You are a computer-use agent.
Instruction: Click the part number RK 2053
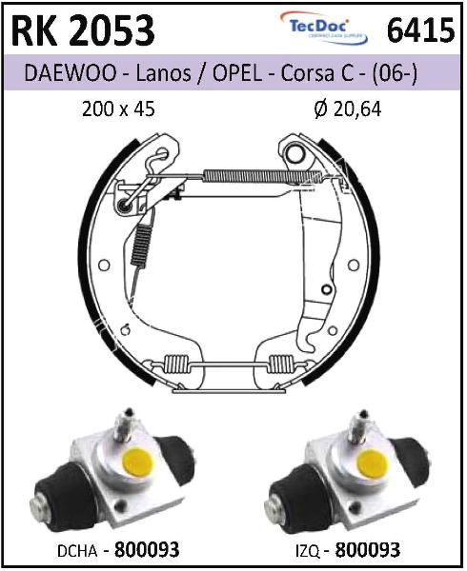point(83,31)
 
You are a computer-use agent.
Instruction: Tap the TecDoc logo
point(323,28)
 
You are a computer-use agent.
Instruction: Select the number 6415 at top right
point(420,30)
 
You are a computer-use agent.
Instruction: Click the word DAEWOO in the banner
point(70,73)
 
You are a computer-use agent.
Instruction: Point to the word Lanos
point(163,73)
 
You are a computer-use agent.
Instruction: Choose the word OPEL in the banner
point(237,73)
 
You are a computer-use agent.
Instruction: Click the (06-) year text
point(395,73)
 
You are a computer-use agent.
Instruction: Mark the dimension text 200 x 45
point(118,108)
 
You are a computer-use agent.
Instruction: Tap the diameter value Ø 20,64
point(348,108)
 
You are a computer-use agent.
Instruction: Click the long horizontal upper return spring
point(262,176)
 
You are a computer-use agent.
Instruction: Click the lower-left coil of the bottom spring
point(176,364)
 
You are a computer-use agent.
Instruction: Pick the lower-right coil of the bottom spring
point(281,364)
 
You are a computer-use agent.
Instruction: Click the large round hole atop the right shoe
point(295,154)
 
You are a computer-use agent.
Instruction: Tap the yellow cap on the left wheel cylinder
point(138,463)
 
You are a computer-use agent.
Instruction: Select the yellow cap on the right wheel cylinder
point(373,463)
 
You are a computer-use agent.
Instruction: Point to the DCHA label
point(77,551)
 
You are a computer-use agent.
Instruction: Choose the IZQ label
point(307,551)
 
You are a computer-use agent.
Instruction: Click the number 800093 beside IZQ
point(368,550)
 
